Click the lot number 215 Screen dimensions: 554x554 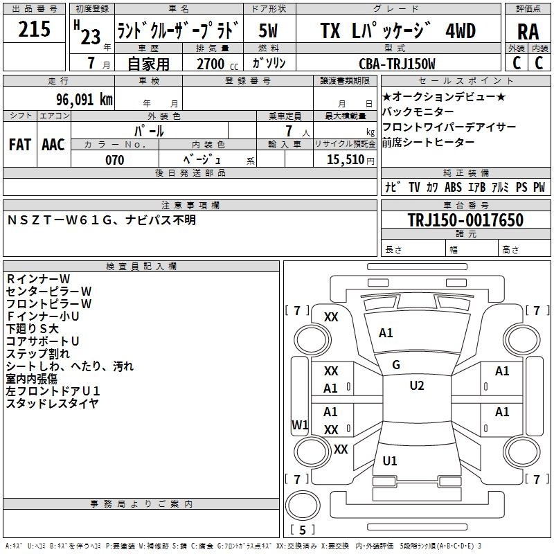(x=34, y=29)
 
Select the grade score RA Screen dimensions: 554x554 (x=528, y=32)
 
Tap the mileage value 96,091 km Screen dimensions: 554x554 (x=84, y=100)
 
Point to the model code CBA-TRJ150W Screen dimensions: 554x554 (x=397, y=64)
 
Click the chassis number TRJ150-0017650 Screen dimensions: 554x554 (x=465, y=220)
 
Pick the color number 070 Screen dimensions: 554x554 (x=115, y=160)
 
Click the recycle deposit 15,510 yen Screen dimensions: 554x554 (x=350, y=160)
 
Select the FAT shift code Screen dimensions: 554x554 (x=20, y=145)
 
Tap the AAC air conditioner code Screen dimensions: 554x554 (x=53, y=145)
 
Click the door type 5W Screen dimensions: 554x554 (x=268, y=30)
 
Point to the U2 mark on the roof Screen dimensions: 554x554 (x=417, y=386)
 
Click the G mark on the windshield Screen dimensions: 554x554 (x=396, y=365)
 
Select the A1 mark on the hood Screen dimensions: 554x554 (x=386, y=333)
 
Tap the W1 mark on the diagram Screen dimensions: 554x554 (x=300, y=425)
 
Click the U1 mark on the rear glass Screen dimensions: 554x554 (x=390, y=461)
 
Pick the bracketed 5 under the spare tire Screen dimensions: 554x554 (x=303, y=530)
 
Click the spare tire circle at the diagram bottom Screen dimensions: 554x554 (x=303, y=506)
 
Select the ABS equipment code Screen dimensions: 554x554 (x=453, y=187)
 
